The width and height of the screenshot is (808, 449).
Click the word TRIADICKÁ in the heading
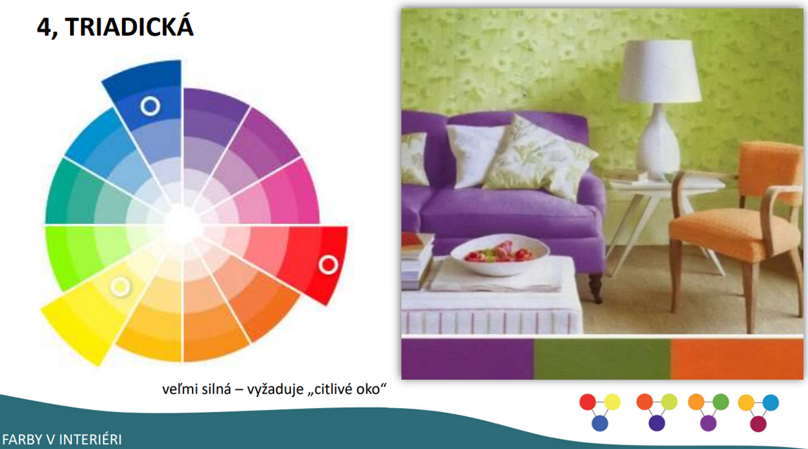(x=129, y=27)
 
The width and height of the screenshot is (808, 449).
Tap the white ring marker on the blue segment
(x=150, y=106)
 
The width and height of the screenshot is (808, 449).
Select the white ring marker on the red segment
(x=328, y=265)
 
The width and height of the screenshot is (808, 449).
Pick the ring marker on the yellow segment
(x=121, y=286)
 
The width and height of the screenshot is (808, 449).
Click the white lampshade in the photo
(x=660, y=71)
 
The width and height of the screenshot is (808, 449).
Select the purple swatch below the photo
(x=468, y=359)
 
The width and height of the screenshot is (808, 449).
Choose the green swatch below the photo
(x=602, y=359)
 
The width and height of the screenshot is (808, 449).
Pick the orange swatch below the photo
(x=737, y=359)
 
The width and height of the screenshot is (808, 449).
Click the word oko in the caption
(x=368, y=389)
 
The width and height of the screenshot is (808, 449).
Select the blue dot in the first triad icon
(x=600, y=423)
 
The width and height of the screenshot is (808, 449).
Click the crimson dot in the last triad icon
(x=758, y=423)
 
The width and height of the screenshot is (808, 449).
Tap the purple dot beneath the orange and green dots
(x=708, y=423)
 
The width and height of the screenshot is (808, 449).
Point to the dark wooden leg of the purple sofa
(x=596, y=287)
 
